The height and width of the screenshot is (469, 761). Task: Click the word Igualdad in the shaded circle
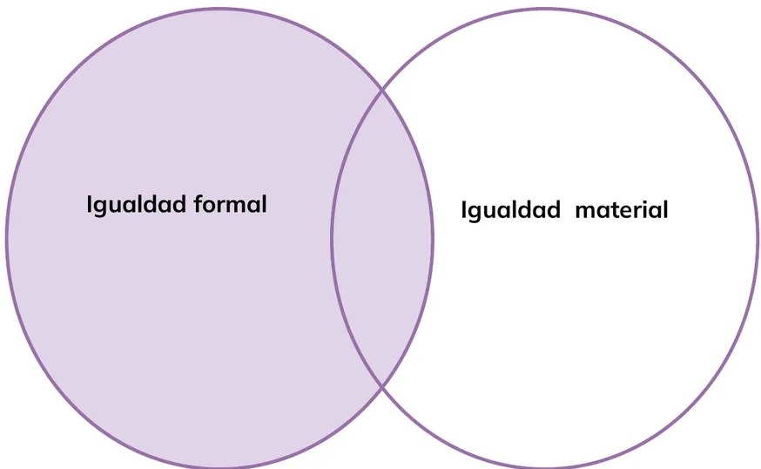pyautogui.click(x=137, y=205)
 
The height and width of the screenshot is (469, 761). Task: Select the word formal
pyautogui.click(x=230, y=204)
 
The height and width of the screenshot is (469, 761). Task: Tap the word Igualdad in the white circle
pyautogui.click(x=510, y=210)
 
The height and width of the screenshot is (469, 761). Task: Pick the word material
pyautogui.click(x=621, y=210)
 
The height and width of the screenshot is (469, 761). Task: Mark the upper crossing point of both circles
pyautogui.click(x=382, y=90)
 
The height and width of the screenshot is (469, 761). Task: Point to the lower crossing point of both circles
pyautogui.click(x=382, y=387)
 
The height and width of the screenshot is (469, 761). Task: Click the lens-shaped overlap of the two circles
pyautogui.click(x=382, y=238)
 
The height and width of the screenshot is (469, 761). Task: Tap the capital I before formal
pyautogui.click(x=90, y=204)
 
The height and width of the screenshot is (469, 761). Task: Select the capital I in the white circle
pyautogui.click(x=463, y=209)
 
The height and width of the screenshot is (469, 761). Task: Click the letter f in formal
pyautogui.click(x=199, y=204)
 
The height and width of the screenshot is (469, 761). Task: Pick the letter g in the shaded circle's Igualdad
pyautogui.click(x=101, y=207)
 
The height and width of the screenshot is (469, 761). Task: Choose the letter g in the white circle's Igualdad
pyautogui.click(x=475, y=214)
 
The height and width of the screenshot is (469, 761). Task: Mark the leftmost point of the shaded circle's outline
pyautogui.click(x=7, y=238)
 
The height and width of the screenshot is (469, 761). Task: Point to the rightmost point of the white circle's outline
pyautogui.click(x=757, y=238)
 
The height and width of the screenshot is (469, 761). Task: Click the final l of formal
pyautogui.click(x=264, y=204)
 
